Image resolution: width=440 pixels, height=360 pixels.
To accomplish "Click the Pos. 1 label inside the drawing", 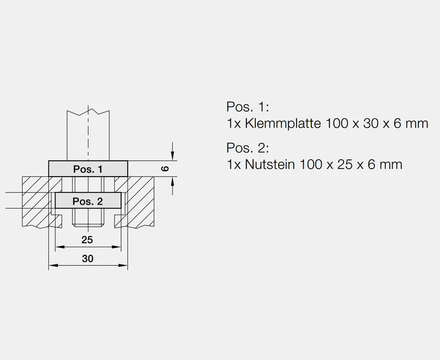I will pyautogui.click(x=88, y=169).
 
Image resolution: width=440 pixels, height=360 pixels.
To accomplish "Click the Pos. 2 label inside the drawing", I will pyautogui.click(x=88, y=201).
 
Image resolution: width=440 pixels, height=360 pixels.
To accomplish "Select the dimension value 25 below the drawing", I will pyautogui.click(x=87, y=240).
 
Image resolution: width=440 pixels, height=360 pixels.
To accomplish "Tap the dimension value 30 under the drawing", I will pyautogui.click(x=87, y=258).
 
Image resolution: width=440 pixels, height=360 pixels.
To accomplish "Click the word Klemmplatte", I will pyautogui.click(x=280, y=123).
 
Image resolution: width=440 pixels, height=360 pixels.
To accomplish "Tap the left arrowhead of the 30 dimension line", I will pyautogui.click(x=52, y=266).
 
